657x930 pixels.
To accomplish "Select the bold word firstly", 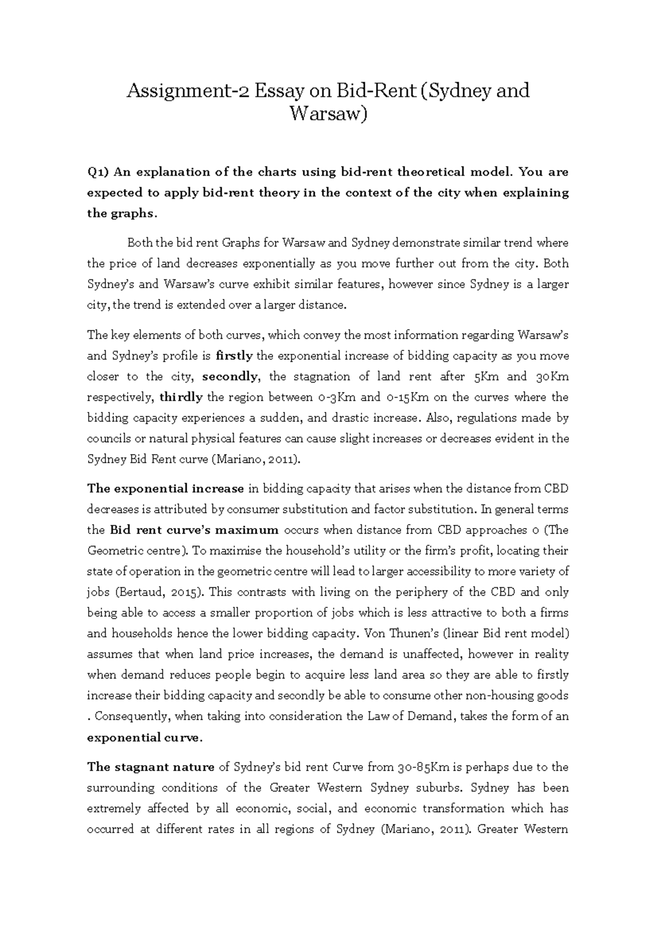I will pyautogui.click(x=234, y=356).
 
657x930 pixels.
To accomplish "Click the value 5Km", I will pyautogui.click(x=480, y=377).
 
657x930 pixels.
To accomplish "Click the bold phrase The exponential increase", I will pyautogui.click(x=165, y=489).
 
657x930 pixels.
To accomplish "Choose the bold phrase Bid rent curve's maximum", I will pyautogui.click(x=194, y=530).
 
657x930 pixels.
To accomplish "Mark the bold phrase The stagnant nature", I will pyautogui.click(x=151, y=767).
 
